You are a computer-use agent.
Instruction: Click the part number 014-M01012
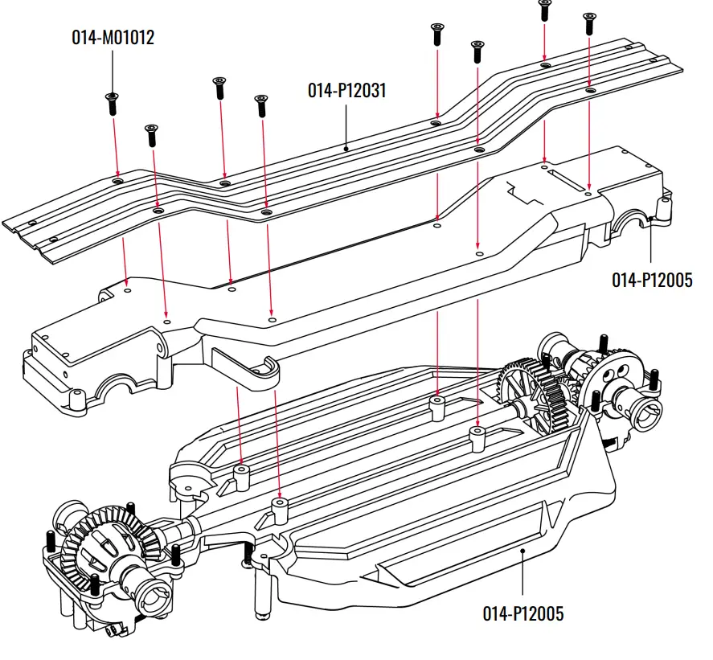click(x=113, y=37)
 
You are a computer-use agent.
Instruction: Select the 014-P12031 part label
click(x=346, y=91)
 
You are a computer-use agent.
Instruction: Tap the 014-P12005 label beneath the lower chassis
click(x=522, y=614)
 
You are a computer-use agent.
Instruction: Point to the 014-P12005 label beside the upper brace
click(x=652, y=280)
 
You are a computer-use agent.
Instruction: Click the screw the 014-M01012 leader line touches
click(x=112, y=102)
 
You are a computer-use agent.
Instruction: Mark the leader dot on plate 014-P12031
click(x=346, y=148)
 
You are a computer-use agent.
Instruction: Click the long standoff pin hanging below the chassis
click(x=260, y=595)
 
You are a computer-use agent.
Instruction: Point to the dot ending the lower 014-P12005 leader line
click(x=522, y=551)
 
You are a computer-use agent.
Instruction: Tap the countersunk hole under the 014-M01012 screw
click(x=118, y=182)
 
